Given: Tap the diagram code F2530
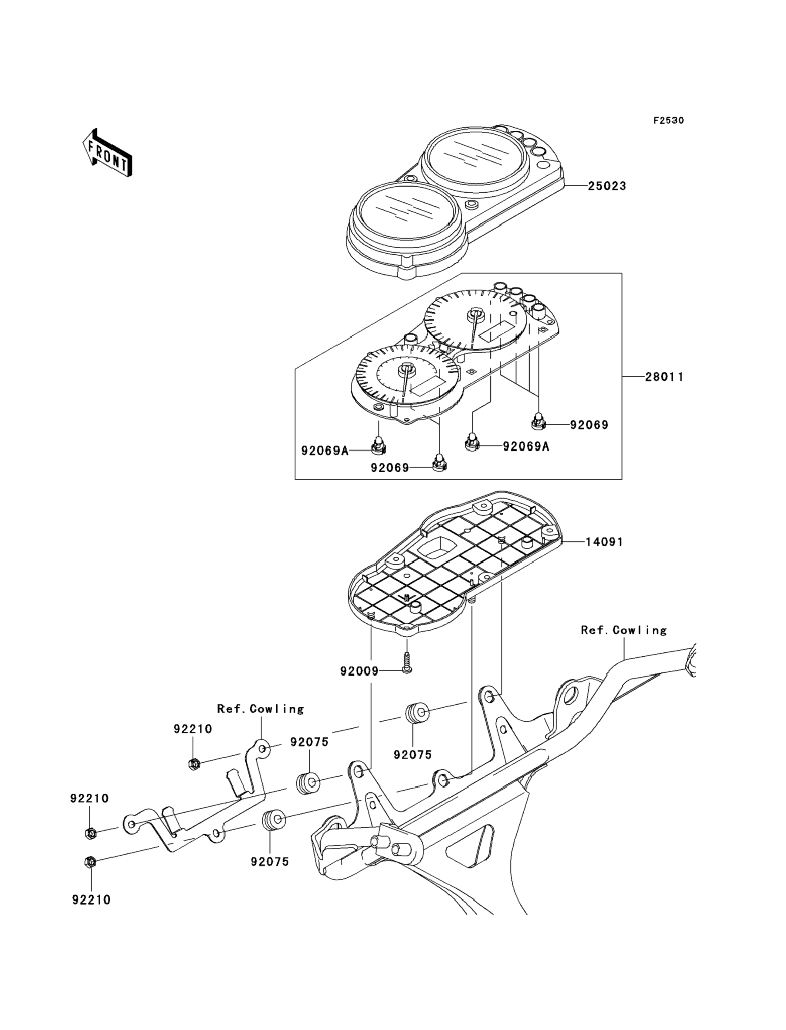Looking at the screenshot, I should (x=668, y=120).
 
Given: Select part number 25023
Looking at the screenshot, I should (x=607, y=186).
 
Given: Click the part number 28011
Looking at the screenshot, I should (x=664, y=377).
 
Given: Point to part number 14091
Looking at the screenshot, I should (x=604, y=542).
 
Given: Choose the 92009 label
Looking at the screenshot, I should (x=359, y=672).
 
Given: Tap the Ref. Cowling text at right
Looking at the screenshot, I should (x=623, y=630).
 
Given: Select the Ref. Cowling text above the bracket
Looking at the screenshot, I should (x=260, y=709).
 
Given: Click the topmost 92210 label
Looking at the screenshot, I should (x=192, y=729).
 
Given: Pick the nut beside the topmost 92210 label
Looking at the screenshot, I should (x=194, y=764).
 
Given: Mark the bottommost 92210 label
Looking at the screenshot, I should (x=91, y=900).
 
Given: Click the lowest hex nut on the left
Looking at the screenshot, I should (x=90, y=862).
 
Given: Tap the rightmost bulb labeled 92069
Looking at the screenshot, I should (x=539, y=421).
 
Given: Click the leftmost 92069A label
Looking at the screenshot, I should (x=324, y=451).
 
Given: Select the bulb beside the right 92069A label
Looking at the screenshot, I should (x=472, y=442).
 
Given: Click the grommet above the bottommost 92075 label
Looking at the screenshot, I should (x=273, y=820).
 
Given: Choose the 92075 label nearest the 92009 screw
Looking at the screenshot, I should (x=412, y=755).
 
